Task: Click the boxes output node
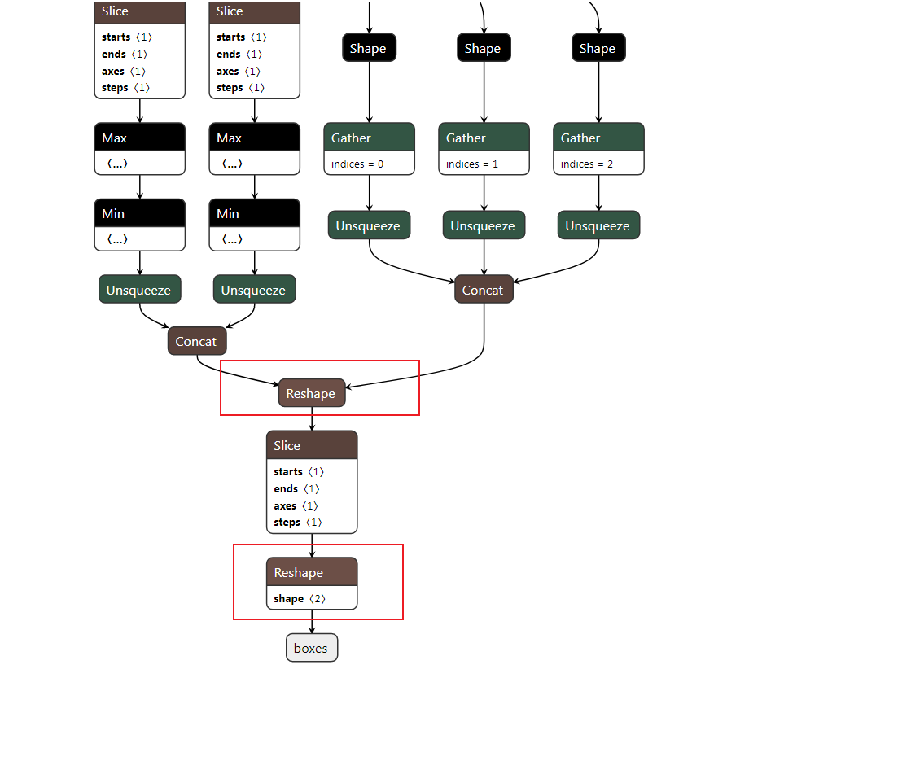(311, 648)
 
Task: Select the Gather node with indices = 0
(369, 138)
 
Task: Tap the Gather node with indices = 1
(484, 138)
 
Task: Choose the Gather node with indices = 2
(598, 138)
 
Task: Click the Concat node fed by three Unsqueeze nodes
(484, 290)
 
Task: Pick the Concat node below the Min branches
(197, 341)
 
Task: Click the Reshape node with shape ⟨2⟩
(311, 573)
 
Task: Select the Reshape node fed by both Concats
(311, 393)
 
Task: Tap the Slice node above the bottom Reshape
(311, 446)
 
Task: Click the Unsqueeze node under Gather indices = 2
(598, 225)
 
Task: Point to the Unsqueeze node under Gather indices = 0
(369, 225)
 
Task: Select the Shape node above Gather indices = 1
(484, 48)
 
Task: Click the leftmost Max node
(139, 138)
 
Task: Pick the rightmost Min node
(254, 213)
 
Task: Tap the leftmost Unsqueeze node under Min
(139, 290)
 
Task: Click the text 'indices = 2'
(587, 164)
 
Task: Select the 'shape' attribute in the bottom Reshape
(289, 599)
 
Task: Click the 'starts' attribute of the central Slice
(288, 472)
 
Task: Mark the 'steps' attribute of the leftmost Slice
(116, 88)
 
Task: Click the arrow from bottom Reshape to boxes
(312, 623)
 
